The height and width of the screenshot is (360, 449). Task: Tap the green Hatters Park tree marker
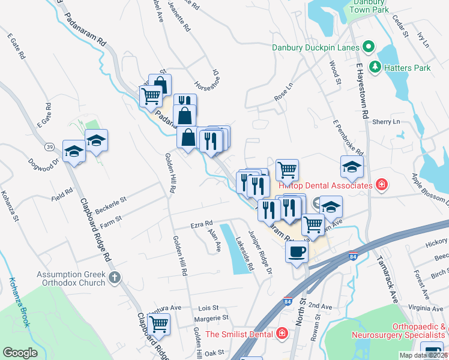376,68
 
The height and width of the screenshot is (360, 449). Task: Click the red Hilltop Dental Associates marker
381,185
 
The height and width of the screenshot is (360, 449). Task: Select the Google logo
20,353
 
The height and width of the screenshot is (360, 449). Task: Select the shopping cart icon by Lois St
158,324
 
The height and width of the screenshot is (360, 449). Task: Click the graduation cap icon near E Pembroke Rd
352,167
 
